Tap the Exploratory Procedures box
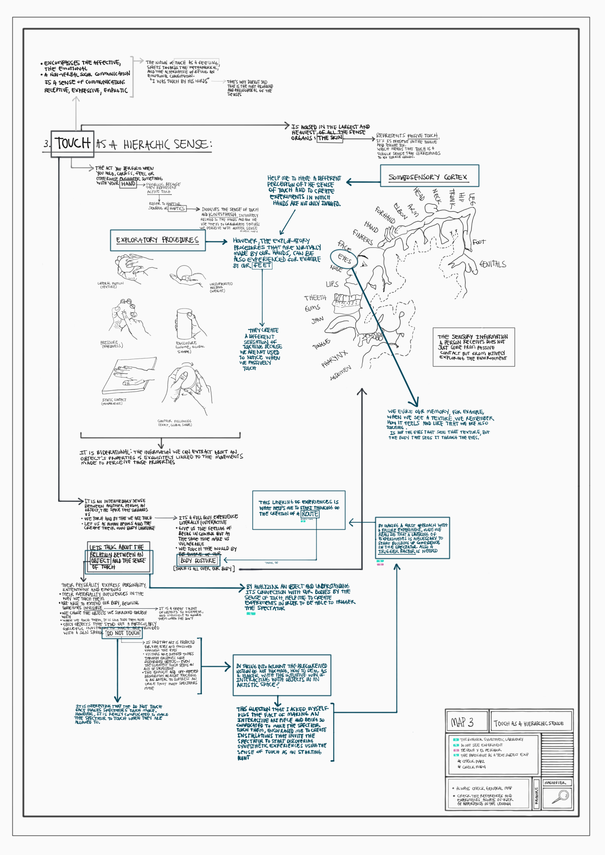[157, 241]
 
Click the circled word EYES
[344, 259]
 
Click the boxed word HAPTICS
[177, 208]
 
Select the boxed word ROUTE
[310, 514]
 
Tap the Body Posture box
[198, 560]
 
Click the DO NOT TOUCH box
[123, 633]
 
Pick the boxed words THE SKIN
[330, 138]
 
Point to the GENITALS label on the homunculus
[493, 264]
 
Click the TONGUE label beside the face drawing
[321, 344]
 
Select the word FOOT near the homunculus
[479, 242]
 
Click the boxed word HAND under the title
[128, 184]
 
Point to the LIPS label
[332, 284]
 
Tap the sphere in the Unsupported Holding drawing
[184, 271]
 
